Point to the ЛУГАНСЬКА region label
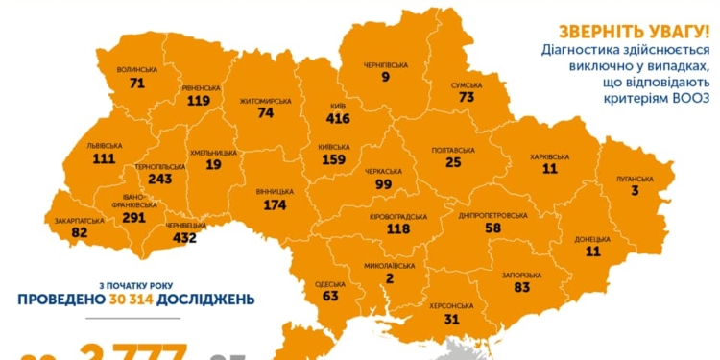point(635,179)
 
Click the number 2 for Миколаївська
point(391,278)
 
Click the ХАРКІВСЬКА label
point(550,156)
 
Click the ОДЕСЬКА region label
point(330,284)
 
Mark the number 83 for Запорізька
point(521,287)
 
